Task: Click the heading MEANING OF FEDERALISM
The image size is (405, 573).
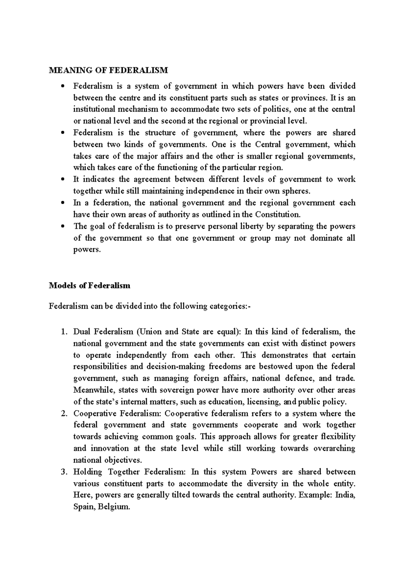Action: click(108, 70)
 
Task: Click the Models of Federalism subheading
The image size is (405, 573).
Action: click(89, 285)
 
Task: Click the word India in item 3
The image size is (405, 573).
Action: click(345, 495)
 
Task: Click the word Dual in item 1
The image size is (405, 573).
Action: click(82, 332)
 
